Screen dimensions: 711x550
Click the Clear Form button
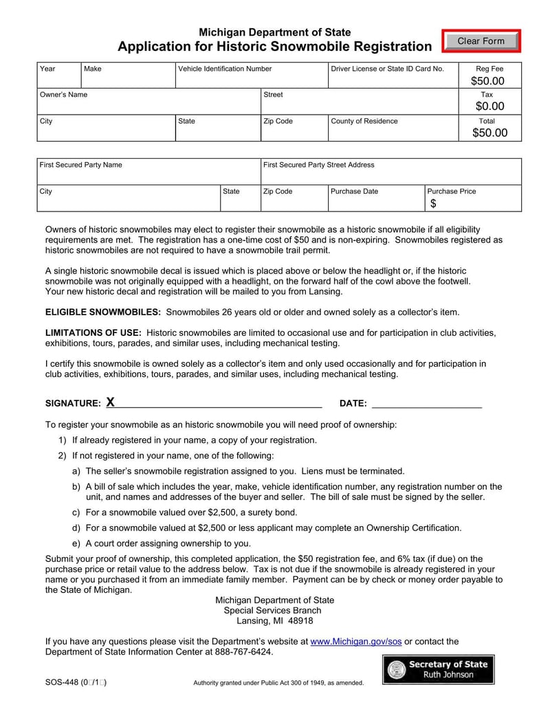pos(481,41)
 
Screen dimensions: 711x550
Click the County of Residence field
pos(393,131)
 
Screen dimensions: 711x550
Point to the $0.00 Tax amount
pos(489,106)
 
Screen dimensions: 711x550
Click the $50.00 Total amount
pos(489,133)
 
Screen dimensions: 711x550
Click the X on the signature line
pos(110,403)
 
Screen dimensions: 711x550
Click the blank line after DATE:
pos(426,403)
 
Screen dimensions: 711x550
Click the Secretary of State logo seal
pos(396,670)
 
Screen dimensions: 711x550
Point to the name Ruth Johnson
pos(448,675)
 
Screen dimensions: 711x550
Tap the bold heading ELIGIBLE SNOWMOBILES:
pos(103,312)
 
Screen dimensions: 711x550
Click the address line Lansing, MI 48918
pos(274,620)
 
